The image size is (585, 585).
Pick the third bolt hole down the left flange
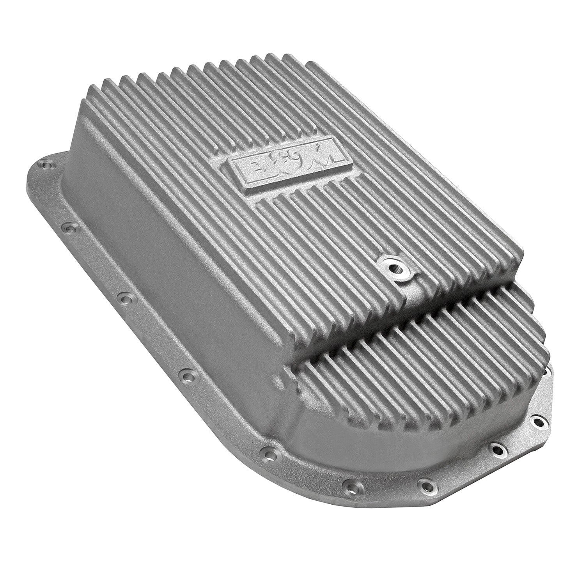point(125,300)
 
